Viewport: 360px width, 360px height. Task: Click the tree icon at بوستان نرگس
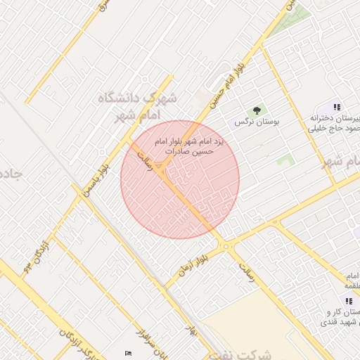257,110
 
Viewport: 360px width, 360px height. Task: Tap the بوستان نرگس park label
257,122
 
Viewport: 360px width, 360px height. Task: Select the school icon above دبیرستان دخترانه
337,107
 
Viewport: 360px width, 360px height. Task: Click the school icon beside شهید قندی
349,301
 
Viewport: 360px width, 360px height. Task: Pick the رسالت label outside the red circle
247,275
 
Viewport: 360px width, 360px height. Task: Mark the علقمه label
351,285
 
